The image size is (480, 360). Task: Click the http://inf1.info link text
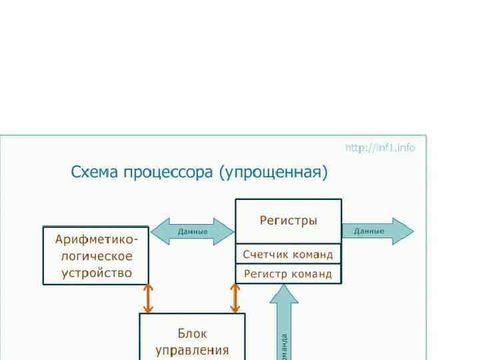[x=380, y=147]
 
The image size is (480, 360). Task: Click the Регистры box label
[x=288, y=221]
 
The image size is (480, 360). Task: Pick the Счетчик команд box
[x=288, y=254]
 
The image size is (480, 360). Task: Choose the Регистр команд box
[x=288, y=273]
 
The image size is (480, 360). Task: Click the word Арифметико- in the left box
[x=97, y=239]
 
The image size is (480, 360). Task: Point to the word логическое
[x=97, y=256]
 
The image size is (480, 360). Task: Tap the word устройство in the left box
[x=97, y=273]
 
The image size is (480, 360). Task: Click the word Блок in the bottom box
[x=192, y=333]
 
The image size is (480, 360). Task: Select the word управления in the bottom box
[x=192, y=350]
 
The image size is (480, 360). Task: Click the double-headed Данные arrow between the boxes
[x=192, y=232]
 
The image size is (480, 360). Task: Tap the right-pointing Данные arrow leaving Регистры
[x=377, y=231]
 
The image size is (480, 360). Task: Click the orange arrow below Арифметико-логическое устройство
[x=149, y=299]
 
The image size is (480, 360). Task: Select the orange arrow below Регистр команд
[x=235, y=298]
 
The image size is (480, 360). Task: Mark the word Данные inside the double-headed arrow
[x=193, y=232]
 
